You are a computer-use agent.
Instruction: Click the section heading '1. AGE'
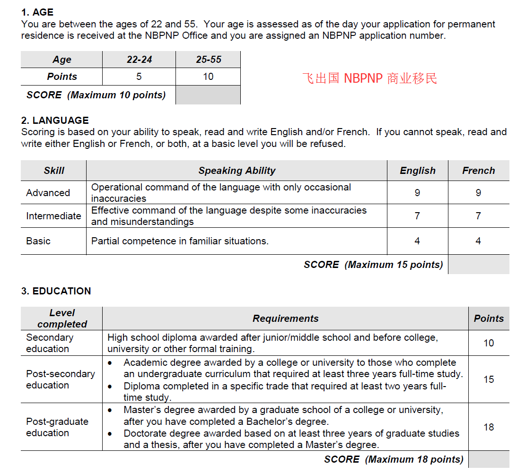[37, 12]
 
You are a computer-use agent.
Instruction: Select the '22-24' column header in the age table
[139, 60]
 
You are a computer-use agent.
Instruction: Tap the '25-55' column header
[208, 60]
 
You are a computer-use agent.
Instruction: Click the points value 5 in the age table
[139, 77]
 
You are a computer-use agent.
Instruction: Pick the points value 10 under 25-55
[208, 77]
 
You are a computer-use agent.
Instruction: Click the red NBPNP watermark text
[369, 78]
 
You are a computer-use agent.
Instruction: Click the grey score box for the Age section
[208, 95]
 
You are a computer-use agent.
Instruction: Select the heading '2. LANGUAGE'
[55, 120]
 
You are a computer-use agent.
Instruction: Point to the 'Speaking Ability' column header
[237, 171]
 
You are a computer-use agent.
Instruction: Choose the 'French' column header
[478, 171]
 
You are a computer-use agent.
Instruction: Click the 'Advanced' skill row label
[48, 193]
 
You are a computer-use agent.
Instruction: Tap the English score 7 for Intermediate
[417, 216]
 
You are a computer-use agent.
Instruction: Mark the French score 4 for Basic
[478, 241]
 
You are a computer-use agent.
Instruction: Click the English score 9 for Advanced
[417, 193]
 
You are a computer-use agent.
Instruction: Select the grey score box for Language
[478, 265]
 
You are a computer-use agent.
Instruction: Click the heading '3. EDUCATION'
[56, 291]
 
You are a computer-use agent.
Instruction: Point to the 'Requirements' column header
[285, 319]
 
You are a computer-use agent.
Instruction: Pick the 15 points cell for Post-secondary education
[489, 379]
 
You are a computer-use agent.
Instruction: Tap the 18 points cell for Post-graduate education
[489, 427]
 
